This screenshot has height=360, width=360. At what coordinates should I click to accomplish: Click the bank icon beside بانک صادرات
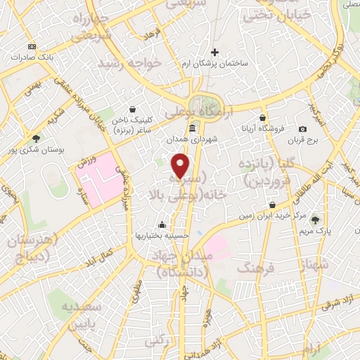[31, 46]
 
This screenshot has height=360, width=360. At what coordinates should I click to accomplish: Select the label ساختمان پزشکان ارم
[216, 63]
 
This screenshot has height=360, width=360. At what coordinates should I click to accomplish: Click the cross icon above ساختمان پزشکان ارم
[215, 52]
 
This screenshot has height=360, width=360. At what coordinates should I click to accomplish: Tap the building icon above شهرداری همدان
[193, 127]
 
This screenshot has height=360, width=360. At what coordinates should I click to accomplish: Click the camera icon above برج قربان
[302, 129]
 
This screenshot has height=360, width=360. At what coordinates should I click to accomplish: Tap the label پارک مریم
[314, 231]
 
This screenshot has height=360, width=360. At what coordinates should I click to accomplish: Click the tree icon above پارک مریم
[314, 220]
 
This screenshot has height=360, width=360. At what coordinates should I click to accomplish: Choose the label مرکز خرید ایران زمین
[272, 215]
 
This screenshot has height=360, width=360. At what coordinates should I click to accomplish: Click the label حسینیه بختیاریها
[162, 236]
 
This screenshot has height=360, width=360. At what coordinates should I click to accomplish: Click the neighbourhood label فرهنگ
[255, 268]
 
